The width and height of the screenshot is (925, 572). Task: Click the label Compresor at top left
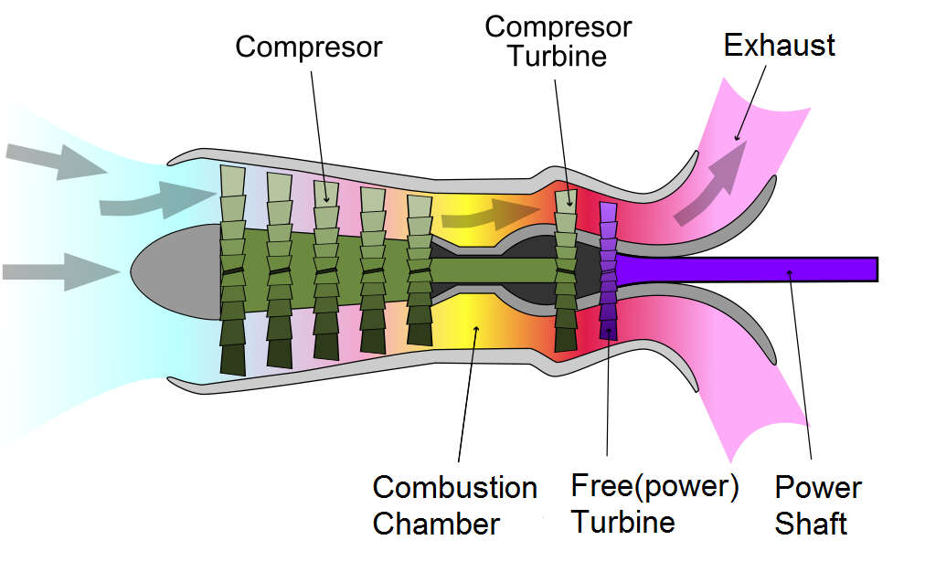(308, 47)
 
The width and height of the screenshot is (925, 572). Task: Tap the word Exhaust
(779, 45)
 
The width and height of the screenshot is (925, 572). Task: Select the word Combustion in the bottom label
(454, 488)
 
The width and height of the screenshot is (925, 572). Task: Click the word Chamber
(436, 524)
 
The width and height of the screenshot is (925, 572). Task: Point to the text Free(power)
(654, 485)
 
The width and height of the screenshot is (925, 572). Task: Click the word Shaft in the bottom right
(810, 524)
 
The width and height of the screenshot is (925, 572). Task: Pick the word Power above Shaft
(817, 488)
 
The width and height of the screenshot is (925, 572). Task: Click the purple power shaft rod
(777, 269)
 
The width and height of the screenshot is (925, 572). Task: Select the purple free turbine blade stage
(608, 270)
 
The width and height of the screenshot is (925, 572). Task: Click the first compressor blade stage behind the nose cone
(235, 270)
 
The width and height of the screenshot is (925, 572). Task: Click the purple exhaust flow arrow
(709, 193)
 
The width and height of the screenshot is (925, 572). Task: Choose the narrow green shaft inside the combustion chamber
(494, 270)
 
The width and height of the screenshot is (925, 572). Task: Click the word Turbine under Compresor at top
(557, 56)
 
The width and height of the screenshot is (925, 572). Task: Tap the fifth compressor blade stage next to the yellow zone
(419, 270)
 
